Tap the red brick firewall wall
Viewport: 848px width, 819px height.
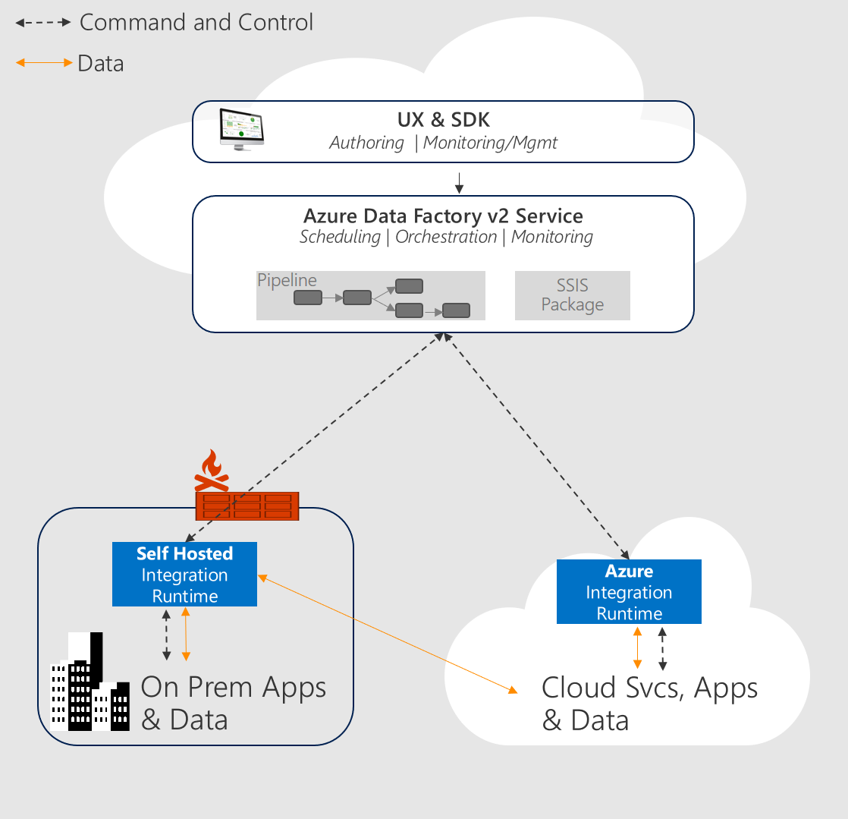pyautogui.click(x=247, y=506)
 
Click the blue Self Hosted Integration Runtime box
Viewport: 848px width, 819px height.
pyautogui.click(x=184, y=575)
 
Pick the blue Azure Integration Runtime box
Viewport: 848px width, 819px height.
pyautogui.click(x=629, y=592)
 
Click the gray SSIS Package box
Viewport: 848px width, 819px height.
pyautogui.click(x=572, y=295)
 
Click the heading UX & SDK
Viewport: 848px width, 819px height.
pyautogui.click(x=444, y=120)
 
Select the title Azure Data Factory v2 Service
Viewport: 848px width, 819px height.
pyautogui.click(x=444, y=216)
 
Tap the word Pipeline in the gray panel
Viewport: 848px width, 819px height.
pyautogui.click(x=287, y=280)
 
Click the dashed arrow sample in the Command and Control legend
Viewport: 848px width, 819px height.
pyautogui.click(x=43, y=23)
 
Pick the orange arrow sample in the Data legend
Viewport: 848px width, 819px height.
pyautogui.click(x=44, y=63)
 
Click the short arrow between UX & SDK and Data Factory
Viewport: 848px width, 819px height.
pyautogui.click(x=459, y=183)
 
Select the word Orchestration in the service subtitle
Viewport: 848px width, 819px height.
pyautogui.click(x=446, y=237)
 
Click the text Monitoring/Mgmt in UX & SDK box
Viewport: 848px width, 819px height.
pyautogui.click(x=490, y=143)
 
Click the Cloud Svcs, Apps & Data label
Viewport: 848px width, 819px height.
pyautogui.click(x=649, y=704)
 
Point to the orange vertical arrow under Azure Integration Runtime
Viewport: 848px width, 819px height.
pyautogui.click(x=637, y=648)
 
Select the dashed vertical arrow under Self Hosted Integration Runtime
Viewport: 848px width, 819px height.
pyautogui.click(x=167, y=635)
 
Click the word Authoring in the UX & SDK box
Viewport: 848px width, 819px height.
pyautogui.click(x=366, y=143)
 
